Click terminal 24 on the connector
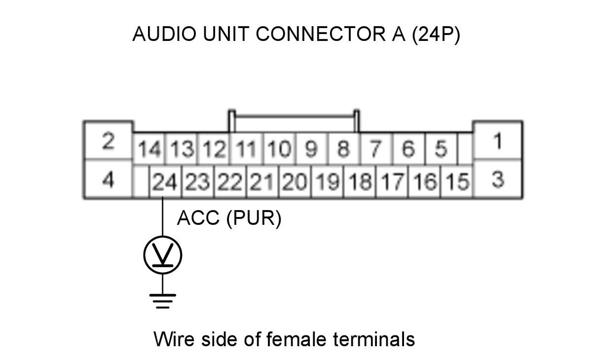pyautogui.click(x=165, y=181)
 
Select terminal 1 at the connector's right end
pyautogui.click(x=498, y=140)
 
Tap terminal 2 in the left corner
pyautogui.click(x=108, y=140)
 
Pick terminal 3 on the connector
pyautogui.click(x=498, y=179)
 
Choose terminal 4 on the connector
pyautogui.click(x=108, y=179)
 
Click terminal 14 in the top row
pyautogui.click(x=149, y=148)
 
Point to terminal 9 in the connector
pyautogui.click(x=312, y=148)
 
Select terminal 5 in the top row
pyautogui.click(x=441, y=148)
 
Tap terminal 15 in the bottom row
pyautogui.click(x=457, y=181)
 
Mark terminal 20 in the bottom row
pyautogui.click(x=295, y=181)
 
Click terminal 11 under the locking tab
pyautogui.click(x=247, y=148)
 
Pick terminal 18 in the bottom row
pyautogui.click(x=360, y=181)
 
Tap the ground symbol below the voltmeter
pyautogui.click(x=162, y=301)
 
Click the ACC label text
pyautogui.click(x=198, y=218)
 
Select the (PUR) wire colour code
pyautogui.click(x=254, y=218)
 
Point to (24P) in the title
pyautogui.click(x=436, y=35)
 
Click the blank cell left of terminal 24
pyautogui.click(x=142, y=181)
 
